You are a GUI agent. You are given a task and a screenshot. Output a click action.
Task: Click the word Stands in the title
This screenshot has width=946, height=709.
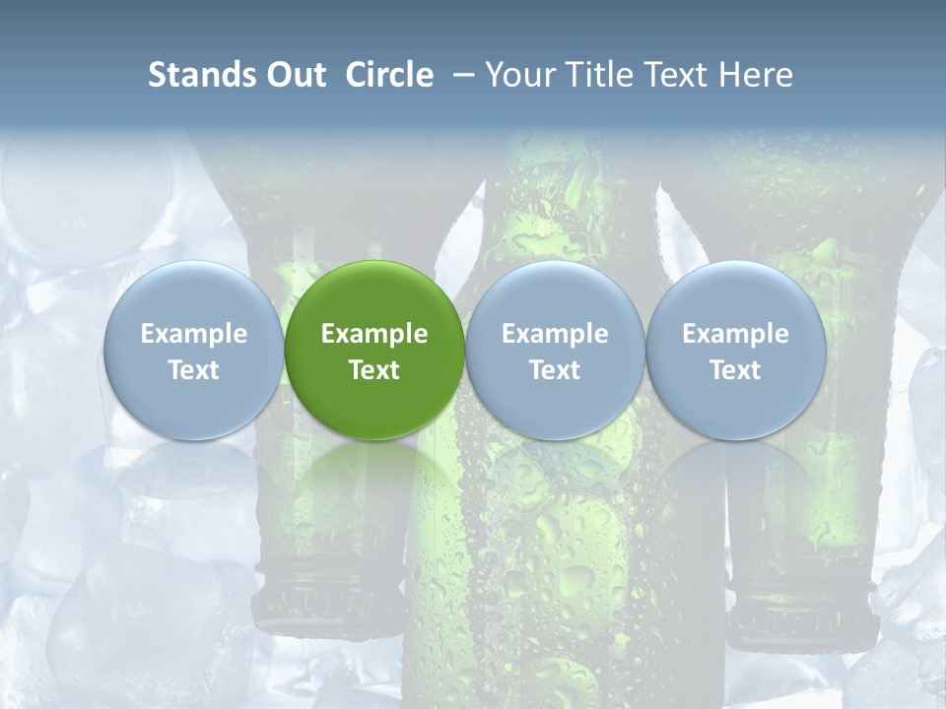coord(201,75)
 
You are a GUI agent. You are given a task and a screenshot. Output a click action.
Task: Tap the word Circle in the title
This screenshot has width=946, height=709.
coord(389,75)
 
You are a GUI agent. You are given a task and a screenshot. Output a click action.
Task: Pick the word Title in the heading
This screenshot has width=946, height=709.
coord(600,75)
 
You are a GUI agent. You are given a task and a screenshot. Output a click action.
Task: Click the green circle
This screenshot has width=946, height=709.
coord(374,351)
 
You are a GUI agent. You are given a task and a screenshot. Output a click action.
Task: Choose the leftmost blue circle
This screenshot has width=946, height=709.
coord(193,351)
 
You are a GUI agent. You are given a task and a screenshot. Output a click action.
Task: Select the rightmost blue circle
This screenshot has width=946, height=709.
coord(735,351)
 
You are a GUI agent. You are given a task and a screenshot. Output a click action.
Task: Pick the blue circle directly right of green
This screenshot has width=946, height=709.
coord(555,351)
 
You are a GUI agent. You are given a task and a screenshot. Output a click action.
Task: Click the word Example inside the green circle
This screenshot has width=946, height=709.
coord(374,334)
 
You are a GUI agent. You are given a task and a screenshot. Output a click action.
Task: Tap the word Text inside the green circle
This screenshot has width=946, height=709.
coord(374,370)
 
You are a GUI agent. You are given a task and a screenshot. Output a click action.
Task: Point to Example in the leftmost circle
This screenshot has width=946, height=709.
coord(193,334)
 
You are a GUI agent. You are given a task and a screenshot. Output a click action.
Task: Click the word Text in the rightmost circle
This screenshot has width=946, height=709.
coord(735,370)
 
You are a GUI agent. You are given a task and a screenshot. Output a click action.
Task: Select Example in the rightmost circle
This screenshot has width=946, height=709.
coord(735,334)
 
